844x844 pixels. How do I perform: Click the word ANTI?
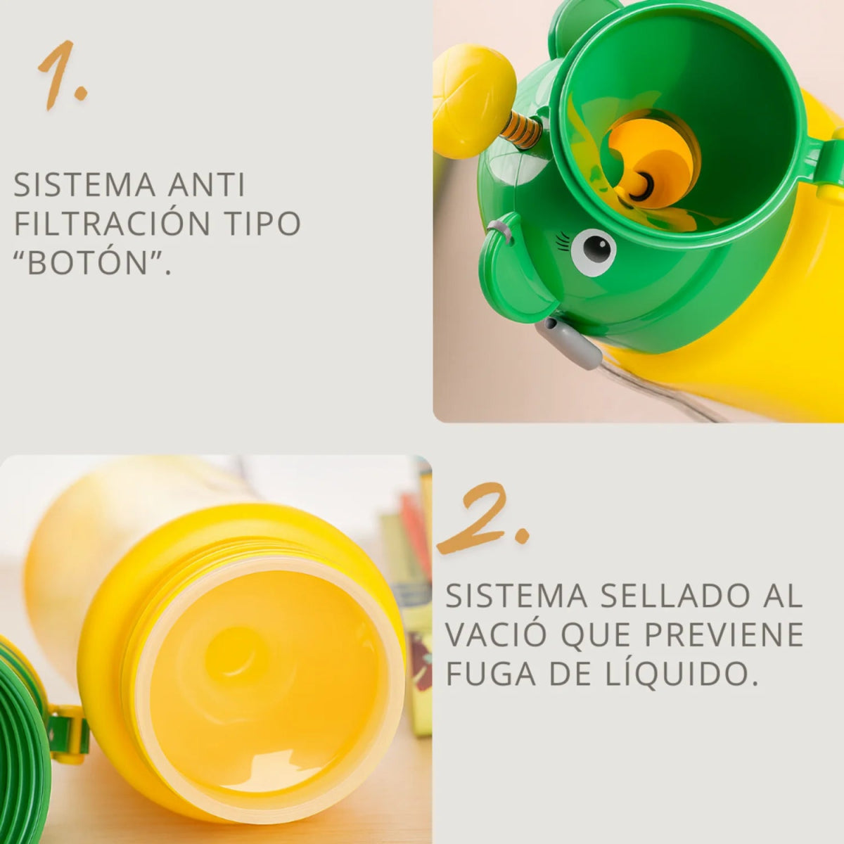coord(207,185)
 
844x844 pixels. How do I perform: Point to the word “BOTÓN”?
coord(91,262)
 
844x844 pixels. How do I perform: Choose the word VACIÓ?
coord(496,635)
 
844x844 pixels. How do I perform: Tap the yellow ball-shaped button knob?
coord(473,100)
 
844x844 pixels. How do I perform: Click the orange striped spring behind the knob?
coord(521,129)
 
